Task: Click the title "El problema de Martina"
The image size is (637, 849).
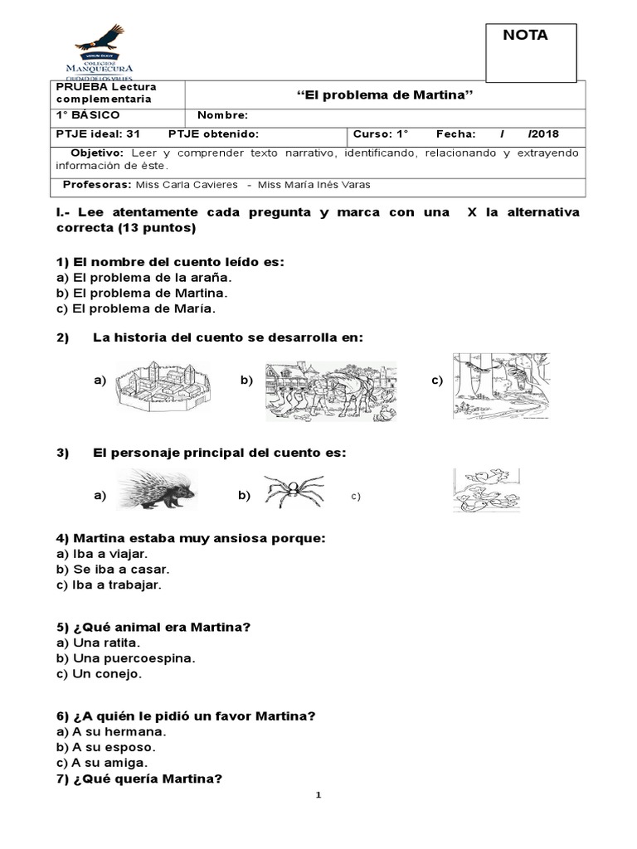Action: [x=384, y=94]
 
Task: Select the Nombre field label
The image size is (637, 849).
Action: [x=222, y=115]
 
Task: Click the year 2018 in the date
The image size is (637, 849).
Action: [x=544, y=134]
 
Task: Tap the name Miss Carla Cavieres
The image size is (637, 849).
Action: [x=181, y=185]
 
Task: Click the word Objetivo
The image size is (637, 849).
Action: [x=97, y=153]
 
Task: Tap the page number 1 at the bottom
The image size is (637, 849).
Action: [x=318, y=794]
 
